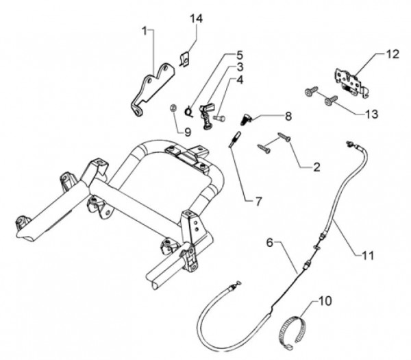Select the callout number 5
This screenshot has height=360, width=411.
(x=240, y=54)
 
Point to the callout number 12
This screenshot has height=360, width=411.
(x=391, y=53)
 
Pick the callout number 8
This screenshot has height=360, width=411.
(x=269, y=117)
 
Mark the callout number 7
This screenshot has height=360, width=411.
(x=258, y=202)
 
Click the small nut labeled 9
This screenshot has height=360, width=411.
(x=173, y=108)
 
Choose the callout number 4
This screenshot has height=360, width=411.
(x=240, y=80)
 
